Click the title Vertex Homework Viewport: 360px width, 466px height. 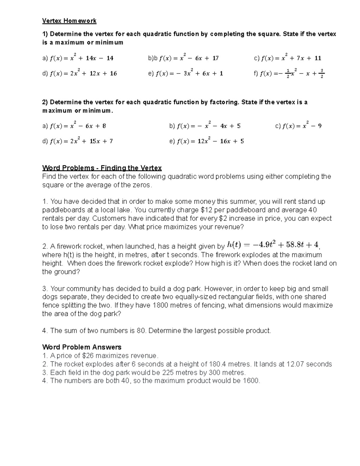pyautogui.click(x=69, y=21)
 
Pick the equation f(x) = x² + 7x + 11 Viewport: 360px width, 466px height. pyautogui.click(x=291, y=58)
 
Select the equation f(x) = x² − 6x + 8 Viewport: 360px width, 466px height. pyautogui.click(x=78, y=126)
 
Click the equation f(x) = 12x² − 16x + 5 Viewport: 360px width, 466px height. pyautogui.click(x=210, y=141)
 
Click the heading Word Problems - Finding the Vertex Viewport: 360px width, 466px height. pyautogui.click(x=102, y=168)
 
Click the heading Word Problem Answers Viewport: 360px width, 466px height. pyautogui.click(x=82, y=347)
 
